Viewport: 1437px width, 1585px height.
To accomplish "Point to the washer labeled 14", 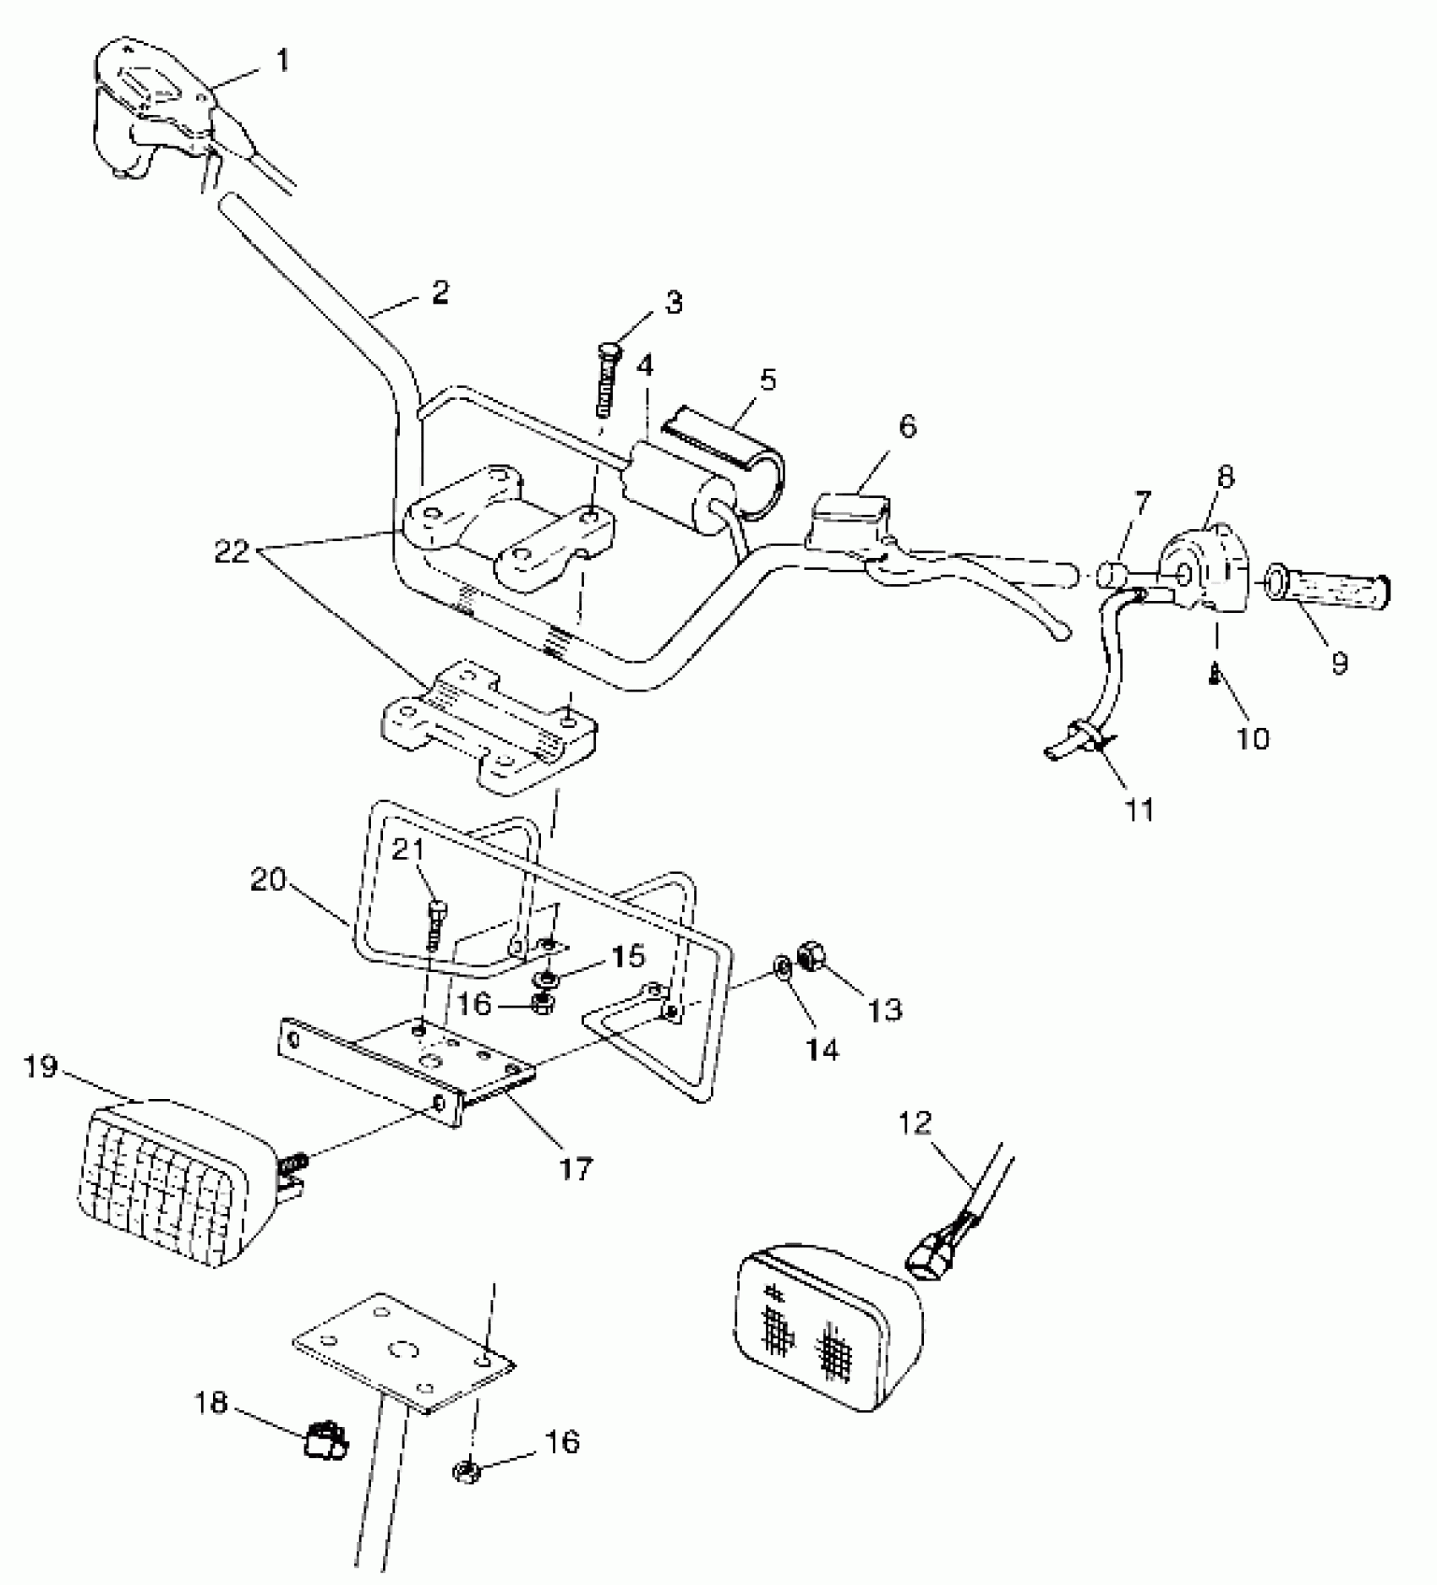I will coord(784,968).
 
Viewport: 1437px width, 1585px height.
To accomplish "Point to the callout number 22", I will coord(232,553).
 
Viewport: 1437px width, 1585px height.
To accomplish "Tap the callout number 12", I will coord(915,1123).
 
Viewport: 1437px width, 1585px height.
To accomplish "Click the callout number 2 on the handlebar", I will coord(440,292).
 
